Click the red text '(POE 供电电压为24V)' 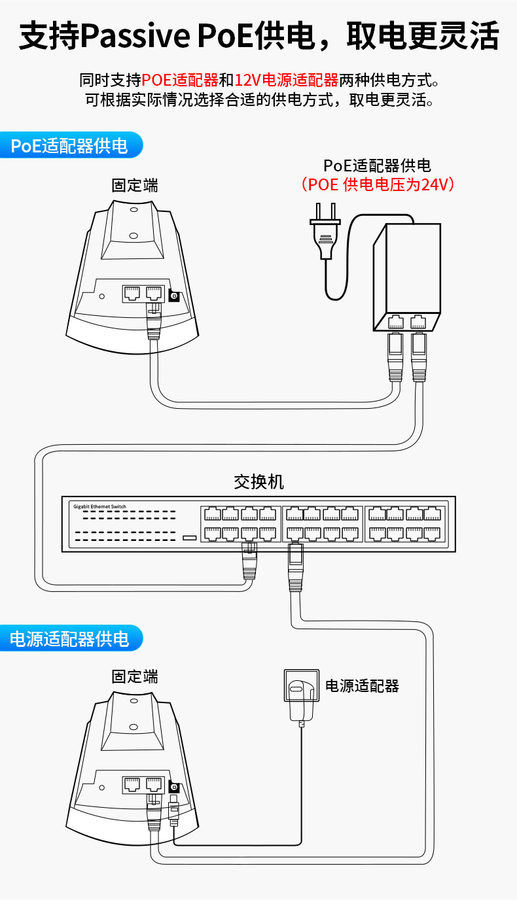click(378, 184)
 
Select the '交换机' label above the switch click(259, 482)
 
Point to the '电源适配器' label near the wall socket click(362, 685)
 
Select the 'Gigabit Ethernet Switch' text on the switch click(99, 506)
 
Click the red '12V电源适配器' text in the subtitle click(286, 80)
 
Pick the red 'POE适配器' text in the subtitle click(180, 80)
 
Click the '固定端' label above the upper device click(135, 185)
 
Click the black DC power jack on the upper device click(174, 296)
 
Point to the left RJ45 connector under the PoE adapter click(395, 353)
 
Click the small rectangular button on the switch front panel click(189, 538)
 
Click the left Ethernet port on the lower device click(132, 783)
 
